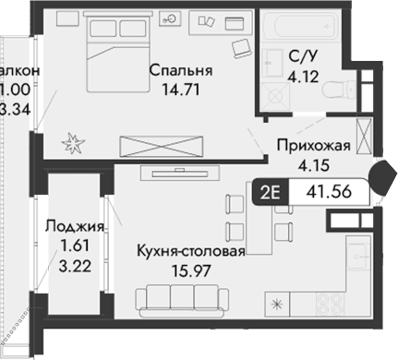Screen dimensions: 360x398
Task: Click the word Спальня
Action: [x=181, y=70]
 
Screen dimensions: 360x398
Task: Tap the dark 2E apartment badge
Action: [x=271, y=193]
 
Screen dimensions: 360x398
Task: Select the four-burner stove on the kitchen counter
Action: [x=328, y=305]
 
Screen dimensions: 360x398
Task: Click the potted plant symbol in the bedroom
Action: [x=73, y=142]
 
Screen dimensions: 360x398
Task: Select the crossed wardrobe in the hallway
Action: [x=365, y=139]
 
